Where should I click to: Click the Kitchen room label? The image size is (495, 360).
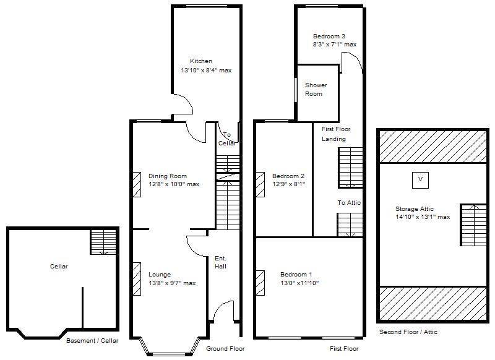pyautogui.click(x=200, y=61)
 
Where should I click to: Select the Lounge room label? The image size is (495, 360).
pyautogui.click(x=160, y=275)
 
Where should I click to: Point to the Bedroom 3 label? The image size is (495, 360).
pyautogui.click(x=329, y=36)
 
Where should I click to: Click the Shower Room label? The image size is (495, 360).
pyautogui.click(x=316, y=89)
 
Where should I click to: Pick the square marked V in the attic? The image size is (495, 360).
pyautogui.click(x=420, y=180)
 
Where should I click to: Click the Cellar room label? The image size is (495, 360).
pyautogui.click(x=59, y=267)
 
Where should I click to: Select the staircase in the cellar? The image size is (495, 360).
pyautogui.click(x=103, y=242)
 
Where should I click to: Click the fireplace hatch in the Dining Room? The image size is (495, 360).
pyautogui.click(x=137, y=184)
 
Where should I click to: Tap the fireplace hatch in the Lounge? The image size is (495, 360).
pyautogui.click(x=137, y=279)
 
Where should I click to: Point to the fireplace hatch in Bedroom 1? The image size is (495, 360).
pyautogui.click(x=260, y=283)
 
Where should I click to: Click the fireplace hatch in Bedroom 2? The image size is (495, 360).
pyautogui.click(x=260, y=184)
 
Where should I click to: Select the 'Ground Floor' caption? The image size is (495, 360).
pyautogui.click(x=225, y=349)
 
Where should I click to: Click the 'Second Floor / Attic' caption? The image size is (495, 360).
pyautogui.click(x=408, y=332)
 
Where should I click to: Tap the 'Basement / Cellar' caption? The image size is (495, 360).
pyautogui.click(x=92, y=341)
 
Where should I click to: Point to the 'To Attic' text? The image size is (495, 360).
pyautogui.click(x=349, y=202)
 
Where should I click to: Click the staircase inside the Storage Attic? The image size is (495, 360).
pyautogui.click(x=473, y=225)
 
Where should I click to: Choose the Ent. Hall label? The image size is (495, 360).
pyautogui.click(x=220, y=262)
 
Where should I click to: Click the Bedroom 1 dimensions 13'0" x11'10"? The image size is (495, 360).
pyautogui.click(x=299, y=283)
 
